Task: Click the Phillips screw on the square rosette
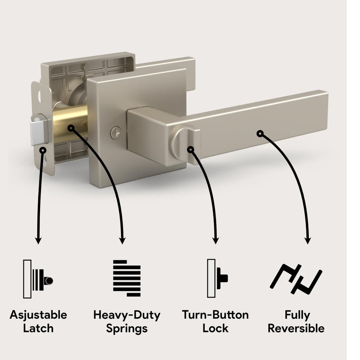[x=116, y=133]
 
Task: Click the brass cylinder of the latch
[x=70, y=124]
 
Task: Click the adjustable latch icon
[x=38, y=279]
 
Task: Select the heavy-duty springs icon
[x=127, y=278]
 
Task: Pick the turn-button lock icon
[x=217, y=278]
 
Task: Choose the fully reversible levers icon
[x=296, y=279]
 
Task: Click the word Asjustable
[x=38, y=315]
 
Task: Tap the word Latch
[x=38, y=328]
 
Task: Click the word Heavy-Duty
[x=127, y=315]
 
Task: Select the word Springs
[x=127, y=329]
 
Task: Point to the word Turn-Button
[x=216, y=315]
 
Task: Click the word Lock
[x=216, y=328]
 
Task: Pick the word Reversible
[x=296, y=328]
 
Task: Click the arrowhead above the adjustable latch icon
[x=38, y=240]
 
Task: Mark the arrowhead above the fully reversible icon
[x=308, y=240]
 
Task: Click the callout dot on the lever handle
[x=260, y=134]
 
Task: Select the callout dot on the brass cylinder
[x=71, y=128]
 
